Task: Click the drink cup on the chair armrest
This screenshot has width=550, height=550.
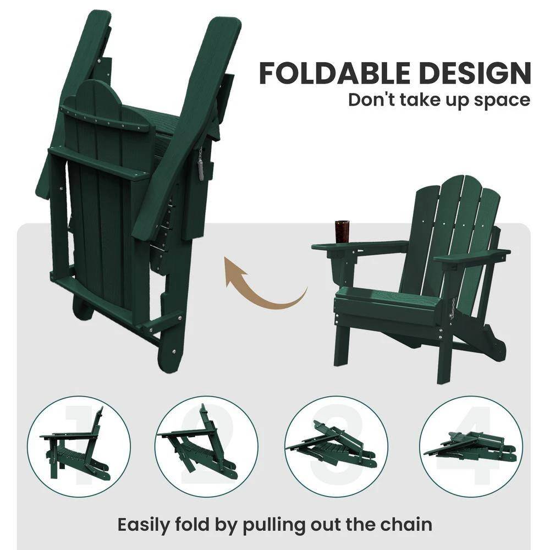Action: [342, 232]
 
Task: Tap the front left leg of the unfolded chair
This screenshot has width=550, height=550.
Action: [342, 346]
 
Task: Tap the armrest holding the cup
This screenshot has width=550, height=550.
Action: [358, 247]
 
